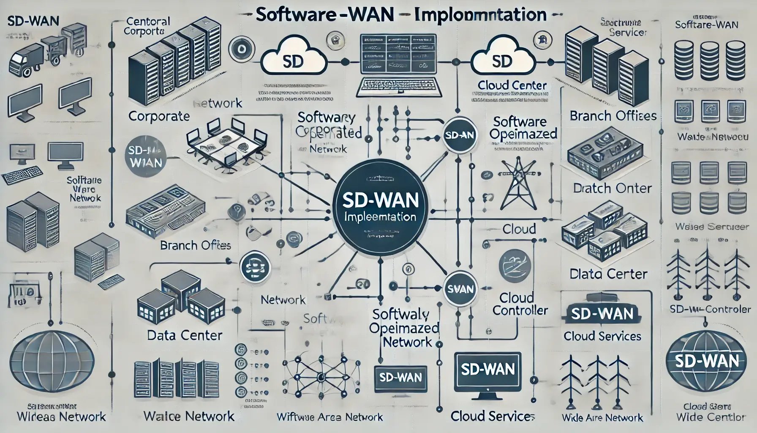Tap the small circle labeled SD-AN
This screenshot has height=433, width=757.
click(x=460, y=135)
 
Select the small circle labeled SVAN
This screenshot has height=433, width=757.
click(x=460, y=289)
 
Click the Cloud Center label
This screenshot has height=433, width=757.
click(x=512, y=85)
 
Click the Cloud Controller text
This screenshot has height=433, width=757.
click(x=520, y=304)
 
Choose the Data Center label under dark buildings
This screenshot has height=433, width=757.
click(x=185, y=335)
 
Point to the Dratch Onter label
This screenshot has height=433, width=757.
click(x=612, y=188)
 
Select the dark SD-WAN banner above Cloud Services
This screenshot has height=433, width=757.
click(x=602, y=314)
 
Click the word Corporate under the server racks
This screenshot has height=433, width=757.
click(x=158, y=116)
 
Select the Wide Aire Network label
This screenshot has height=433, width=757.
click(x=602, y=418)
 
